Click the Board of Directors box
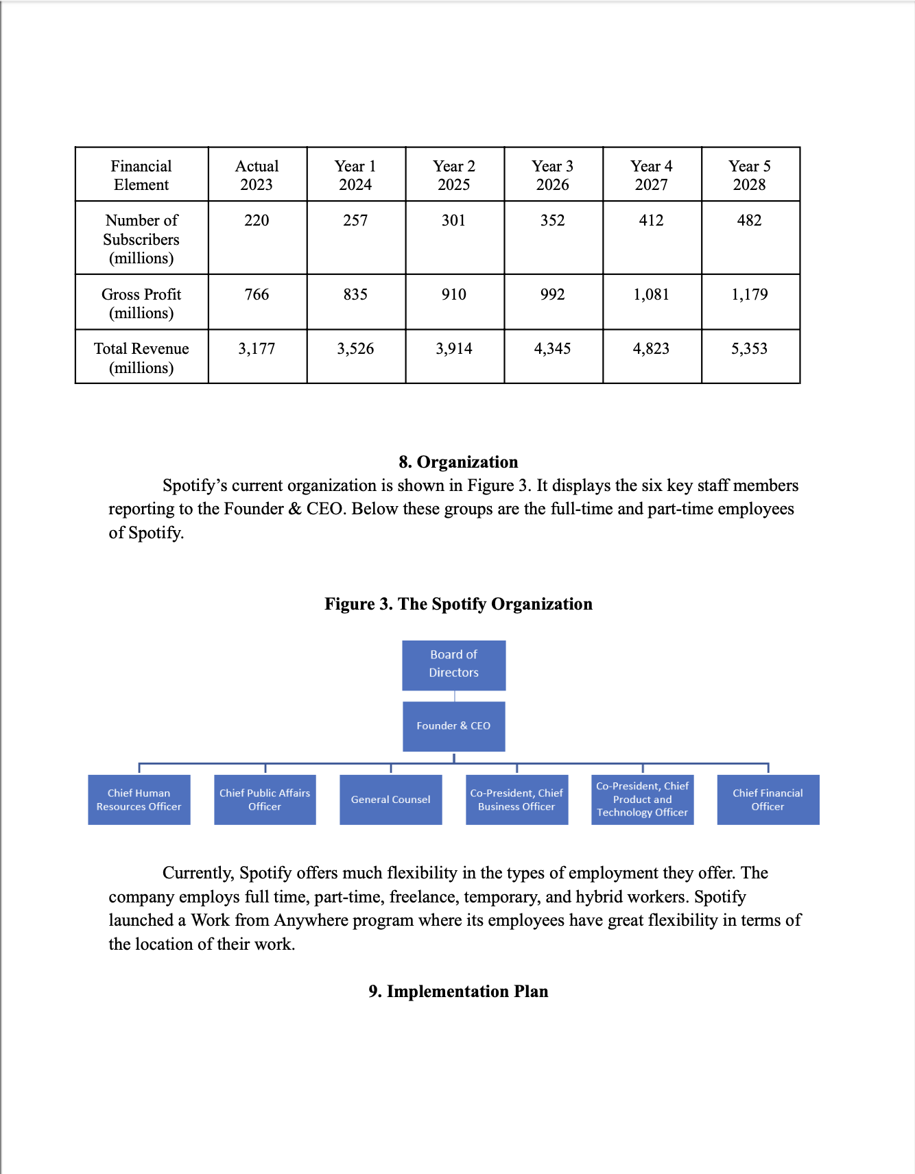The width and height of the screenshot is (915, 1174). pyautogui.click(x=453, y=664)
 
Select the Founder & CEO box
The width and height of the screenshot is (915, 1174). pyautogui.click(x=453, y=726)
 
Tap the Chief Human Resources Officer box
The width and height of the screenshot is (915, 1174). pyautogui.click(x=139, y=800)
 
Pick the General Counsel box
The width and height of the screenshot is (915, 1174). pyautogui.click(x=390, y=800)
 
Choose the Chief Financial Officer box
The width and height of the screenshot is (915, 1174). pyautogui.click(x=768, y=800)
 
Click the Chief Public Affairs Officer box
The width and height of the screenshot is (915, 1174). pyautogui.click(x=265, y=800)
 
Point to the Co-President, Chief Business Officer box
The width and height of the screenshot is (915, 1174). pyautogui.click(x=516, y=800)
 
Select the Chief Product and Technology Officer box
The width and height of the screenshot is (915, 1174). pyautogui.click(x=642, y=800)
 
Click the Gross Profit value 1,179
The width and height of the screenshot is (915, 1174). pyautogui.click(x=750, y=295)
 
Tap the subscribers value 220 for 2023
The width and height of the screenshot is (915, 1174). pyautogui.click(x=257, y=221)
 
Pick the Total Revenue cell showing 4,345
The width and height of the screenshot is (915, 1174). pyautogui.click(x=552, y=349)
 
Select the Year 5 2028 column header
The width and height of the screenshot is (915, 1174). pyautogui.click(x=750, y=176)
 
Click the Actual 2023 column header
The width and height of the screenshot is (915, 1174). pyautogui.click(x=257, y=176)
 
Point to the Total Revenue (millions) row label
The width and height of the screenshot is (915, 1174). pyautogui.click(x=141, y=358)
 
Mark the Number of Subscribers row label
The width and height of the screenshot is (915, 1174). pyautogui.click(x=141, y=239)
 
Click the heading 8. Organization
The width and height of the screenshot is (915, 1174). pyautogui.click(x=458, y=462)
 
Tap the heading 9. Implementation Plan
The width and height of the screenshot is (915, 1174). pyautogui.click(x=458, y=992)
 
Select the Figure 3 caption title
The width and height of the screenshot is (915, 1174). pyautogui.click(x=458, y=604)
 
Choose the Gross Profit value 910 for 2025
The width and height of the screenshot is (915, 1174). pyautogui.click(x=453, y=295)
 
